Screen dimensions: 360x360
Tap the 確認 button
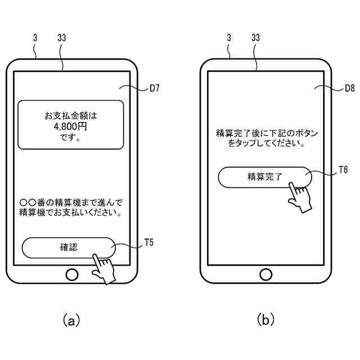click(69, 247)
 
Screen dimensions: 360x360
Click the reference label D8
click(349, 88)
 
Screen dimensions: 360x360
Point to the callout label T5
click(148, 242)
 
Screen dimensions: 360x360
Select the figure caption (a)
click(71, 321)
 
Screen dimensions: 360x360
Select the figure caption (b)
click(265, 319)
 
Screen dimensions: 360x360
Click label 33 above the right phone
click(255, 38)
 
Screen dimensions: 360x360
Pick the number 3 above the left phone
click(35, 38)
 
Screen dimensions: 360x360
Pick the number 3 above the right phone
click(229, 38)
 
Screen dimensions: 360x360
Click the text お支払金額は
click(71, 116)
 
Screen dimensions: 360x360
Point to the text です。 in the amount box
click(70, 137)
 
